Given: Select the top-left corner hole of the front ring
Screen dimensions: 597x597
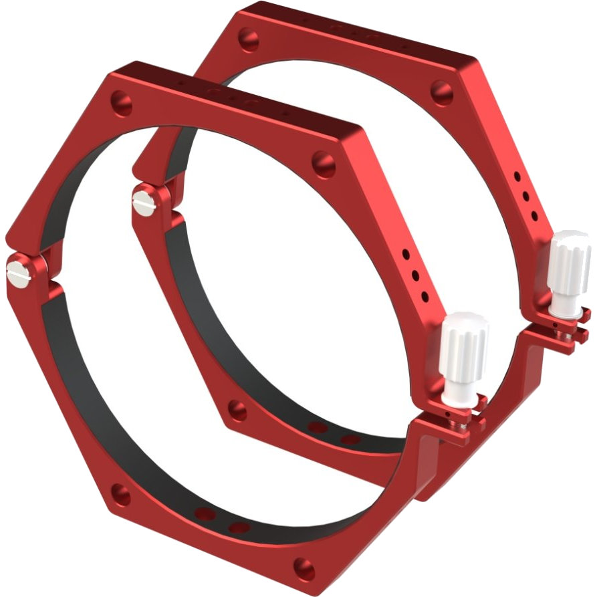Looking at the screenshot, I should click(121, 102).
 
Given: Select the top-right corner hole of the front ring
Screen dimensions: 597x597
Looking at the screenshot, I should click(325, 163).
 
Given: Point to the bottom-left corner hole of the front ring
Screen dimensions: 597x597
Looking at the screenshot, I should click(120, 494).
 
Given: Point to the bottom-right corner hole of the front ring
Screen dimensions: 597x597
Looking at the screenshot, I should click(305, 569).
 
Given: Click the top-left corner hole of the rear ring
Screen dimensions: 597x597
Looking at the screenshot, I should click(249, 38).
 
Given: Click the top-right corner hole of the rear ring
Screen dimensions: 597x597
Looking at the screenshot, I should click(441, 91).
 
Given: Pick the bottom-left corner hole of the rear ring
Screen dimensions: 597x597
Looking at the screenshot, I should click(237, 410).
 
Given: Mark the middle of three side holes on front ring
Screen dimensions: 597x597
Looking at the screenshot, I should click(416, 275).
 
